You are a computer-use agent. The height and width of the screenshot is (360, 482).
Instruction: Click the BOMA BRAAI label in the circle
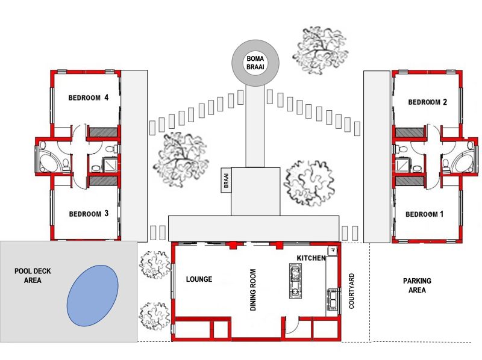255,63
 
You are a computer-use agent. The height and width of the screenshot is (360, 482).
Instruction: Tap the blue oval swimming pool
93,296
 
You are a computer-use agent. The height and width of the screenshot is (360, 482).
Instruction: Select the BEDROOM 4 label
88,98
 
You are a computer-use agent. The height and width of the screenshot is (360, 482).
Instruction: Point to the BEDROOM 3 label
89,214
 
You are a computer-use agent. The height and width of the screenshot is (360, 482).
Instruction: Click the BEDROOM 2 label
427,102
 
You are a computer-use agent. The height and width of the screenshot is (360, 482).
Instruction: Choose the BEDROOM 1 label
424,214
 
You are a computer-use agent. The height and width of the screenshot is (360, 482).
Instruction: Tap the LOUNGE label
199,279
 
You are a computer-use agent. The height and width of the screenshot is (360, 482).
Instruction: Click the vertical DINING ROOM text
253,290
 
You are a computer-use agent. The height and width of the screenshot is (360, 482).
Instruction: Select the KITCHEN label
311,258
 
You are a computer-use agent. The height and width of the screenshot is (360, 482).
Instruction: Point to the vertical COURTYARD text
351,291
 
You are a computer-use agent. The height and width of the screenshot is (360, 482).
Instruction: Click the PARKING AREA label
417,285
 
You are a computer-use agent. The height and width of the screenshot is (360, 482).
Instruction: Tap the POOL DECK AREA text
33,276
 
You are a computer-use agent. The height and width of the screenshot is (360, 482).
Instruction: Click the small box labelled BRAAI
226,181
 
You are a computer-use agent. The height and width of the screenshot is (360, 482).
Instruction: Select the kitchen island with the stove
295,281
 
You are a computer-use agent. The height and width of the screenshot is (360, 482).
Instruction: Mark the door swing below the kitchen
292,326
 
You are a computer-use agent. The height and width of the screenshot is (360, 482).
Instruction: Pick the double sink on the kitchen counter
333,299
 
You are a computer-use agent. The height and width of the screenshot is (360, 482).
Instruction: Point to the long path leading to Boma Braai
255,126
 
